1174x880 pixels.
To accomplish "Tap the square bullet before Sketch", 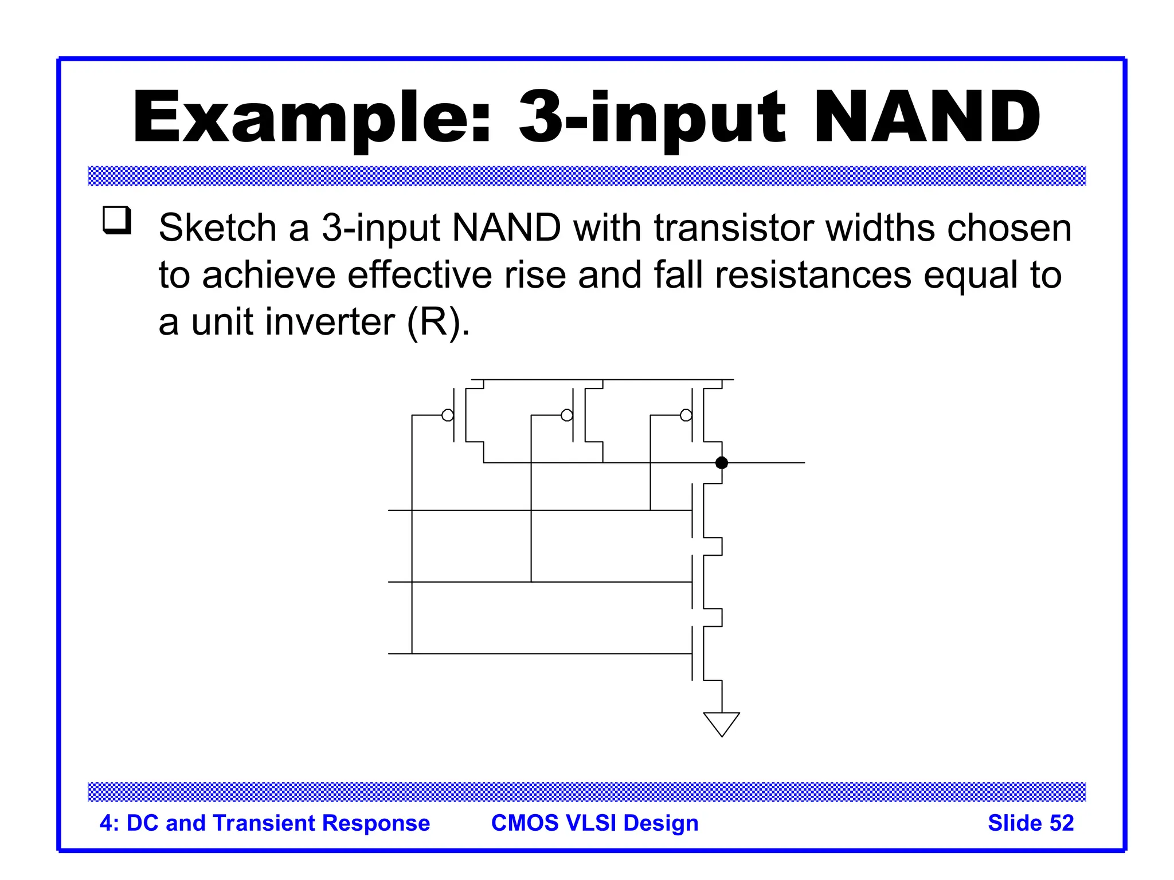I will (x=117, y=220).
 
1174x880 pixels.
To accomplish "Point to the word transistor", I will (x=734, y=228).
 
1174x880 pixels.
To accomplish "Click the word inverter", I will (x=332, y=322).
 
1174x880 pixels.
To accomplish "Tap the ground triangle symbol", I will (x=721, y=724).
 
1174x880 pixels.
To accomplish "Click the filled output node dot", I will (x=722, y=462).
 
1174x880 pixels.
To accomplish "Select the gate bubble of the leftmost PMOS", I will (x=448, y=415).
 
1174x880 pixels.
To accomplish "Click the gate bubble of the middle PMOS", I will (x=567, y=415).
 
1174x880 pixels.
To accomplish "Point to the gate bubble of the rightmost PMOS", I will (x=686, y=415).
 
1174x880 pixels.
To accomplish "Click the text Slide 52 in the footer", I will (x=1030, y=823).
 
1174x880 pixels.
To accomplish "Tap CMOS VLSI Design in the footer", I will (x=594, y=823).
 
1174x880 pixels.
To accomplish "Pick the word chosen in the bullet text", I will (x=1009, y=228).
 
